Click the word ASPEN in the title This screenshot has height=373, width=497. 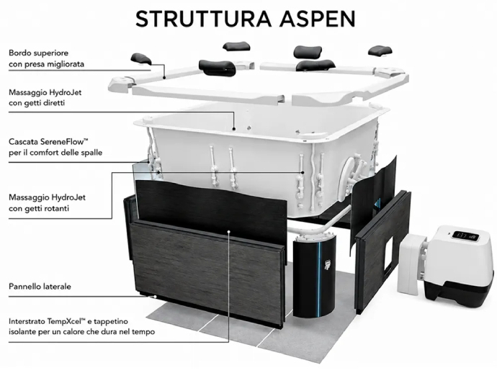317,19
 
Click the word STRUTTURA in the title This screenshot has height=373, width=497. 204,19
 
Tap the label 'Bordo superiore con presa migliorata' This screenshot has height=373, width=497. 46,58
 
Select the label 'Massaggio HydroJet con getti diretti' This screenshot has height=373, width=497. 45,98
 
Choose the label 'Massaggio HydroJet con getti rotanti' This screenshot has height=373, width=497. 47,203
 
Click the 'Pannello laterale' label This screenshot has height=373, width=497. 40,287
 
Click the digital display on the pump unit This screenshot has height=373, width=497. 465,236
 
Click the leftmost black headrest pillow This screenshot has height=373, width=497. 141,58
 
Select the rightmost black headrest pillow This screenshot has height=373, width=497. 380,50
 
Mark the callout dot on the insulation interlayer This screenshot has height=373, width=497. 228,232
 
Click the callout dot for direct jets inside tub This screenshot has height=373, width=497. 234,129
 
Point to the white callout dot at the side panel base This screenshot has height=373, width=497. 155,297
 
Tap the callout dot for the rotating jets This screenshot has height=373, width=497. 303,173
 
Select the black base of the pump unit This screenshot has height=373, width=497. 459,291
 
